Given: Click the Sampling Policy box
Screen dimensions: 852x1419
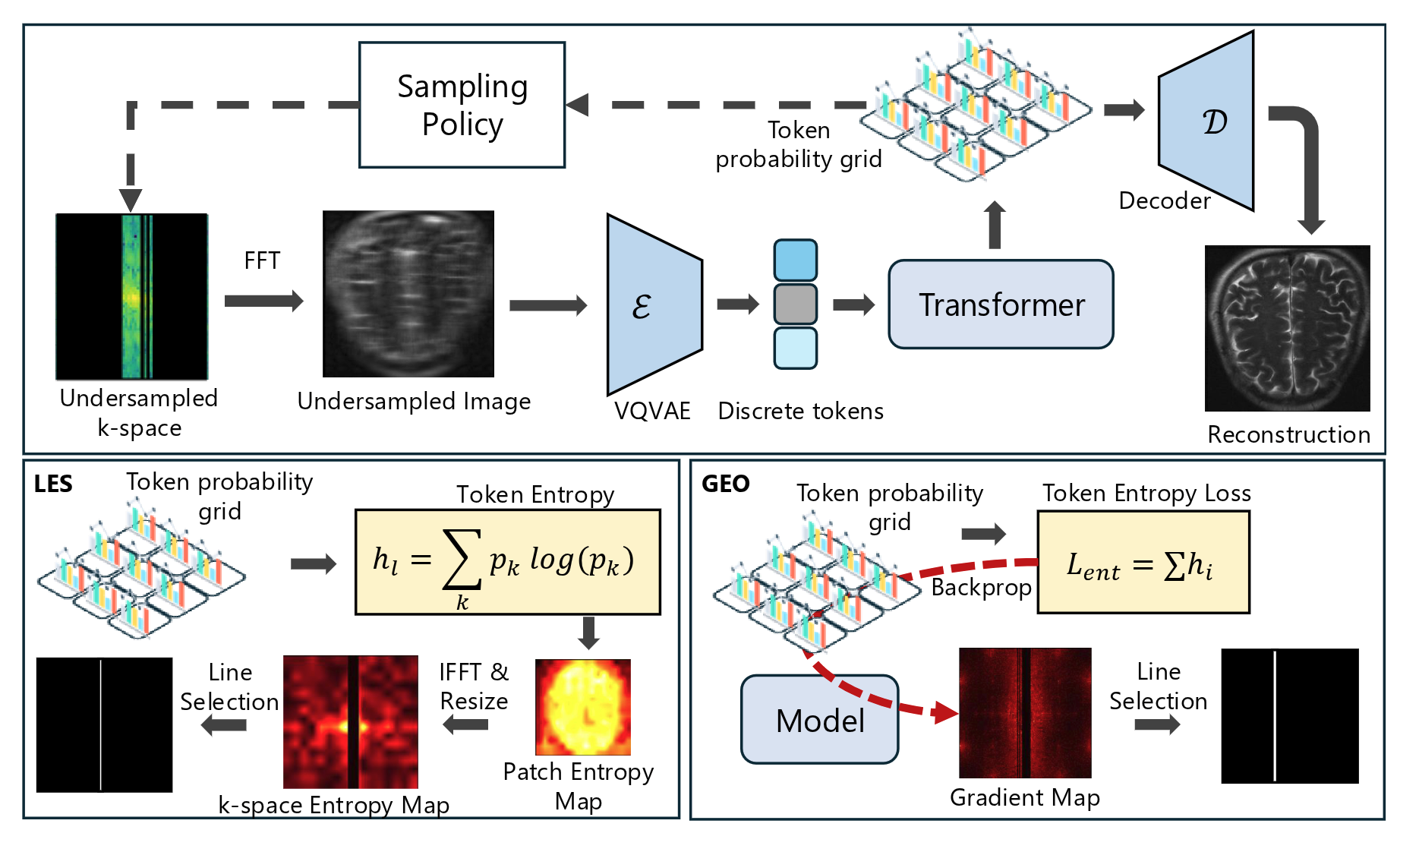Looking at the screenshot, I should pos(462,105).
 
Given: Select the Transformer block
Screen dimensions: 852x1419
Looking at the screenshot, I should pos(1001,305).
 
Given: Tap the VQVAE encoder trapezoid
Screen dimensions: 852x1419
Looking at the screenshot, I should pos(653,305).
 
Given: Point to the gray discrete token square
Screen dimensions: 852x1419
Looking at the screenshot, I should pos(795,304).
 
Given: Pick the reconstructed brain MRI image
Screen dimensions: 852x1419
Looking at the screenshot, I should pos(1287,328).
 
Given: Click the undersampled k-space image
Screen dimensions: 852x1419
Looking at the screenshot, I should pos(131,296).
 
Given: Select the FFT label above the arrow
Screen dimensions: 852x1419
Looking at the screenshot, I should pos(262,261).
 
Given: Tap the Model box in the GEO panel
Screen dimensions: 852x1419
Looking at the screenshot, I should pos(819,720).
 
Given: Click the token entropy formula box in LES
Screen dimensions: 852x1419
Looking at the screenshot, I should pos(507,562).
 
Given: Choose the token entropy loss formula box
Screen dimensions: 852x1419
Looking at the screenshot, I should pos(1143,563).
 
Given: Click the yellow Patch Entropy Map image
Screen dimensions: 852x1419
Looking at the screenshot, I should pos(582,707).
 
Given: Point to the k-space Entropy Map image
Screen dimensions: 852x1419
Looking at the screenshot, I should pos(350,722).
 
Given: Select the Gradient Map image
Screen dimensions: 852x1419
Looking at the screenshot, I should pos(1024,713).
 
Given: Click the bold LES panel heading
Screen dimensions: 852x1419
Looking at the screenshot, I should pos(53,484).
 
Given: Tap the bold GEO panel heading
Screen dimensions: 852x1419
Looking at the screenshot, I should pos(725,484).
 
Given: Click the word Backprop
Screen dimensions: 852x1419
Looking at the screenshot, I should pos(981,588).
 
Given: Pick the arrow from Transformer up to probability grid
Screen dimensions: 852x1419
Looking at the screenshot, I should pos(995,226).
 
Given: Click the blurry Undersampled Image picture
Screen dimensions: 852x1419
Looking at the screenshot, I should pos(408,294).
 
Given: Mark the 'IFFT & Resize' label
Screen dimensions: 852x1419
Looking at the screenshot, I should pos(474,686).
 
